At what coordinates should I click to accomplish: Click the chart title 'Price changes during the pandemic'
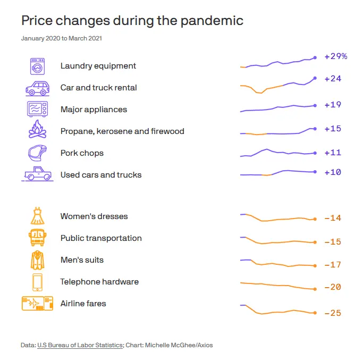pos(132,21)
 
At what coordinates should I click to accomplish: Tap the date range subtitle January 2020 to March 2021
pos(62,38)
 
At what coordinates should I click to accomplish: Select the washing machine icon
pos(37,66)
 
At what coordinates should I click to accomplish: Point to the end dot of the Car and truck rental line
pos(315,78)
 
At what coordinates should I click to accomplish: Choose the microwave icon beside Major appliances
pos(37,110)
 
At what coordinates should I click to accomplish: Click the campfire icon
pos(37,130)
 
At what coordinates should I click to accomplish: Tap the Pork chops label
pos(82,153)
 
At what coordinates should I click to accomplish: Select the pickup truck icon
pos(37,174)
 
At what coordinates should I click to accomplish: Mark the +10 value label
pos(333,172)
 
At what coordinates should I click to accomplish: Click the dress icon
pos(37,216)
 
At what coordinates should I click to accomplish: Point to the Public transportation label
pos(101,238)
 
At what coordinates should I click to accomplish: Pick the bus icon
pos(37,237)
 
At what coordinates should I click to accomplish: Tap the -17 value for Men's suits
pos(333,265)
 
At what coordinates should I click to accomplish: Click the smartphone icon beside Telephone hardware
pos(37,282)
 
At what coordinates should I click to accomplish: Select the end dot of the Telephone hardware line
pos(315,289)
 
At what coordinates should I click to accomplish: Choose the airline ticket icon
pos(37,304)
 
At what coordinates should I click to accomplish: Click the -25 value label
pos(333,313)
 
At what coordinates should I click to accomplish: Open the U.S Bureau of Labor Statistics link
pos(80,345)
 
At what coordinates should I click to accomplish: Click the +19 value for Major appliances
pos(333,105)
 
